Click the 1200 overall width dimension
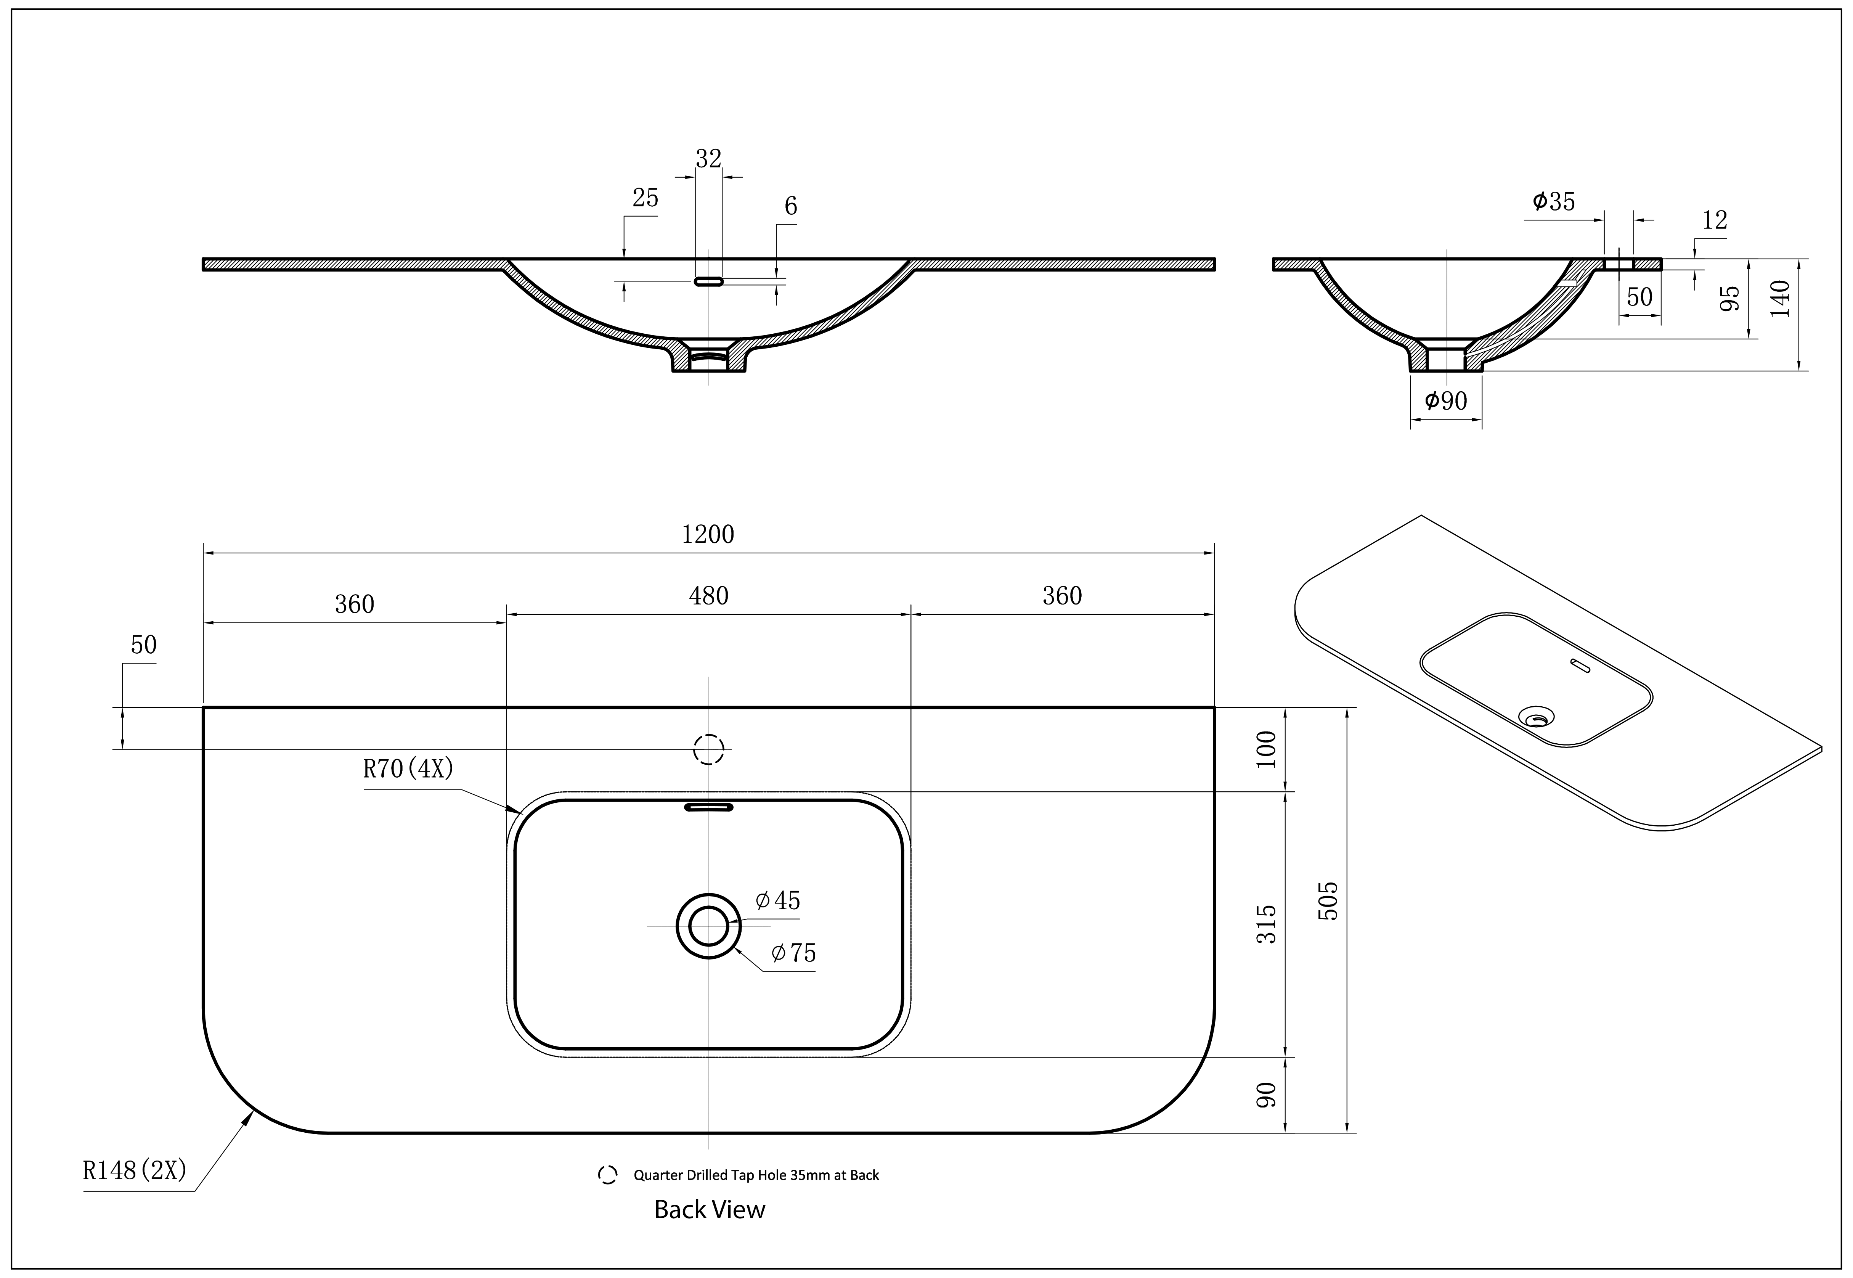[x=708, y=534]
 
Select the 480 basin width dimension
[x=708, y=596]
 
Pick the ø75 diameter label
[x=793, y=953]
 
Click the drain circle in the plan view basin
[x=708, y=926]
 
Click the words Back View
[x=709, y=1209]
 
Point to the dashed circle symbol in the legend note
[x=607, y=1175]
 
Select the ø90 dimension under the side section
[x=1445, y=400]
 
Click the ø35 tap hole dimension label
[x=1554, y=202]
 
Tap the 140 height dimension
[x=1780, y=299]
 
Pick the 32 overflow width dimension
[x=708, y=159]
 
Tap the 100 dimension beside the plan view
[x=1265, y=749]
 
